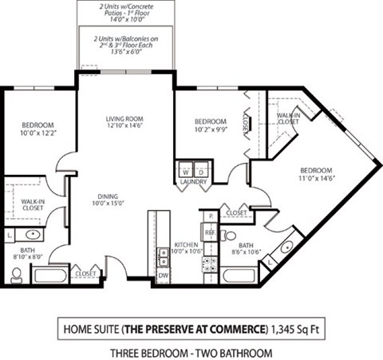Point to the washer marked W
pyautogui.click(x=186, y=170)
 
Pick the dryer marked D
pyautogui.click(x=201, y=170)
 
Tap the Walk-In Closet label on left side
pyautogui.click(x=32, y=206)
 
